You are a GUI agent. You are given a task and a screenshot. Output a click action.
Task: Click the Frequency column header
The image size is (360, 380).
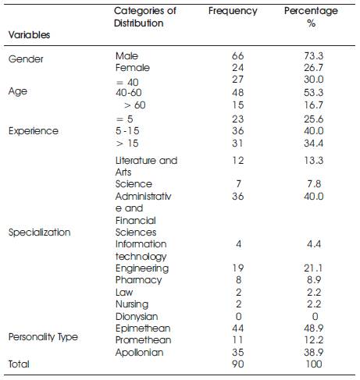pyautogui.click(x=233, y=12)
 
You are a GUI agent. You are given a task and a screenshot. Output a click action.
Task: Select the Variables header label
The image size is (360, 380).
pyautogui.click(x=29, y=35)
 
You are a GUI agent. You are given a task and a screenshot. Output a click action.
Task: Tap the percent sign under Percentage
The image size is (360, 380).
pyautogui.click(x=311, y=23)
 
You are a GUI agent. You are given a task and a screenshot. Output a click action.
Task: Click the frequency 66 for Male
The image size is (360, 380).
pyautogui.click(x=237, y=55)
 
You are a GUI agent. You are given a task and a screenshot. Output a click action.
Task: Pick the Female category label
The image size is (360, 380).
pyautogui.click(x=133, y=68)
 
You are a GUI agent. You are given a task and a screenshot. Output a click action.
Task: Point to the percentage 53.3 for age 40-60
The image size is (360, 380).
pyautogui.click(x=313, y=93)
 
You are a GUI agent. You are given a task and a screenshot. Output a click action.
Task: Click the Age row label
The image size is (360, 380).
pyautogui.click(x=18, y=92)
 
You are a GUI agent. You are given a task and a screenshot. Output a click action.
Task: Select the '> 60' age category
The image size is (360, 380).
pyautogui.click(x=135, y=105)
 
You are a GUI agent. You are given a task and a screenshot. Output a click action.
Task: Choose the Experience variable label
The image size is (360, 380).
pyautogui.click(x=34, y=131)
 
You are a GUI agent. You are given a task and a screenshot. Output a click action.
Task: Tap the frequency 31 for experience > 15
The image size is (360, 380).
pyautogui.click(x=237, y=144)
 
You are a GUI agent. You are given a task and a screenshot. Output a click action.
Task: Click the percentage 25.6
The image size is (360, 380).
pyautogui.click(x=313, y=119)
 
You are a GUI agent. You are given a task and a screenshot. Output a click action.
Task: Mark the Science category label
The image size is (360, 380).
pyautogui.click(x=134, y=184)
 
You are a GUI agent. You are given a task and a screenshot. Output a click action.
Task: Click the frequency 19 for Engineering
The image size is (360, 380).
pyautogui.click(x=237, y=268)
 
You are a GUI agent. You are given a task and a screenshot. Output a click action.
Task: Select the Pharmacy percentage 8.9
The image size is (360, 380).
pyautogui.click(x=314, y=280)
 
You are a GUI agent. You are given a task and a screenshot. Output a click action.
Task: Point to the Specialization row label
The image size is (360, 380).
pyautogui.click(x=39, y=233)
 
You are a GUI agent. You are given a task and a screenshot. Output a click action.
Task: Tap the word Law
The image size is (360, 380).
pyautogui.click(x=124, y=292)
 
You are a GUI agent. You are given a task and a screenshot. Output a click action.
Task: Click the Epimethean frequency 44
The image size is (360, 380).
pyautogui.click(x=238, y=329)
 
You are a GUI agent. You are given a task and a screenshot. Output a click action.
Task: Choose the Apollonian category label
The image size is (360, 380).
pyautogui.click(x=139, y=353)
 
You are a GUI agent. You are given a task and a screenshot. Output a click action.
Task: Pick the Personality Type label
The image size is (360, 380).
pyautogui.click(x=43, y=337)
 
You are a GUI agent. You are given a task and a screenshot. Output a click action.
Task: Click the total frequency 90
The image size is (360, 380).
pyautogui.click(x=238, y=364)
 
